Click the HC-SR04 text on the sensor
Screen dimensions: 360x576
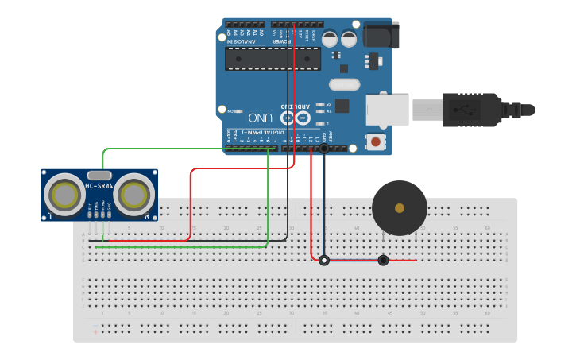pyautogui.click(x=99, y=187)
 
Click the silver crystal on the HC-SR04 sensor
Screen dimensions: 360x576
pyautogui.click(x=99, y=175)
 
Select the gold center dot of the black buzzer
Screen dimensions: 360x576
pyautogui.click(x=400, y=208)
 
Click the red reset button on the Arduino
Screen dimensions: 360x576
pyautogui.click(x=375, y=141)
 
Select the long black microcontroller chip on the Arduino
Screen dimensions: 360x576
pyautogui.click(x=273, y=58)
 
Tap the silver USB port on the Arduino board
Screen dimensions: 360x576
pyautogui.click(x=387, y=110)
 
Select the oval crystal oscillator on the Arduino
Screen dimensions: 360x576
pyautogui.click(x=343, y=84)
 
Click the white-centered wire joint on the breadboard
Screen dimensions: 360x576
pyautogui.click(x=324, y=260)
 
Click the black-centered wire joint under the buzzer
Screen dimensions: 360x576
pyautogui.click(x=383, y=260)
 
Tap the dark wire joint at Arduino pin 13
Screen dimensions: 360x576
pyautogui.click(x=324, y=148)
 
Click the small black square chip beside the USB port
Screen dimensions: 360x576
pyautogui.click(x=342, y=105)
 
